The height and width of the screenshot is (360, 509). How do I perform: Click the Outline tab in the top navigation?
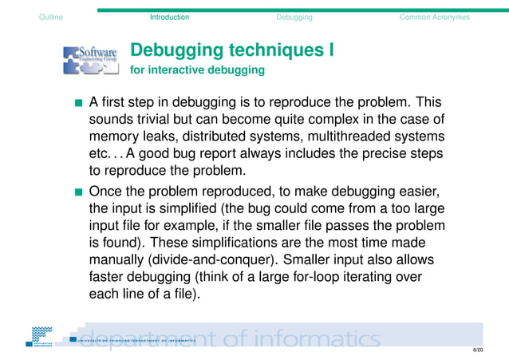click(x=52, y=17)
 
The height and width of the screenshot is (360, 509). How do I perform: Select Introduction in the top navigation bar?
click(x=169, y=17)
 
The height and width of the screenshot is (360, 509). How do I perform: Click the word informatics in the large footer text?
click(x=318, y=339)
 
